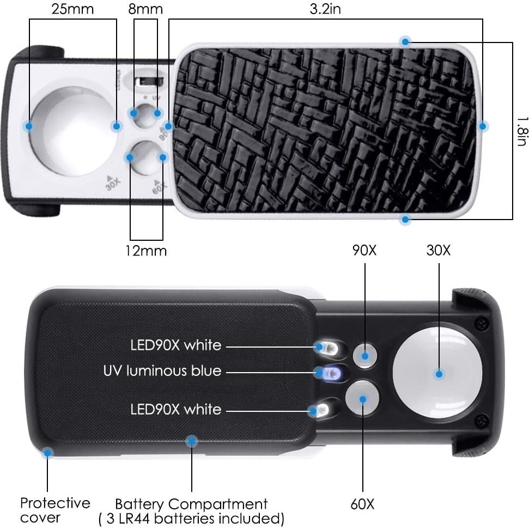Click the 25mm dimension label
coord(73,9)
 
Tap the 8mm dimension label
coord(145,9)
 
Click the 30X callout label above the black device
coord(438,251)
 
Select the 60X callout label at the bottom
coord(362,503)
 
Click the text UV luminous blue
coord(162,371)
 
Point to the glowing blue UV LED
coord(329,373)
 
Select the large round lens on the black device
coord(438,374)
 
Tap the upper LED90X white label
coord(175,345)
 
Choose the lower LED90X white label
coord(175,409)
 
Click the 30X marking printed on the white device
coord(113,183)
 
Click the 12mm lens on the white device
coord(146,158)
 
